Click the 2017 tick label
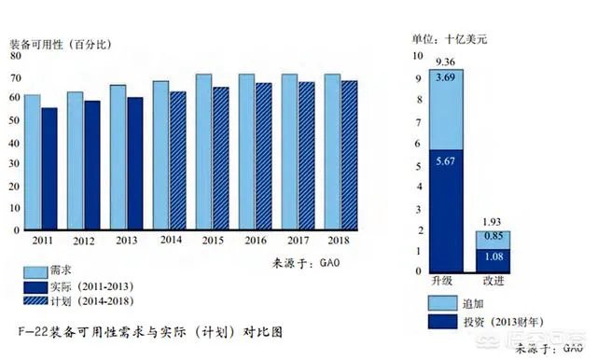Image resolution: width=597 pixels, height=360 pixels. point(298,240)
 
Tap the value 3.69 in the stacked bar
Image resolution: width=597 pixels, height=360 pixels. point(446,76)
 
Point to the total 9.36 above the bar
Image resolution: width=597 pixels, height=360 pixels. point(446,62)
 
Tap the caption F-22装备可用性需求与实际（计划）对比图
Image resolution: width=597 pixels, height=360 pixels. point(150,332)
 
